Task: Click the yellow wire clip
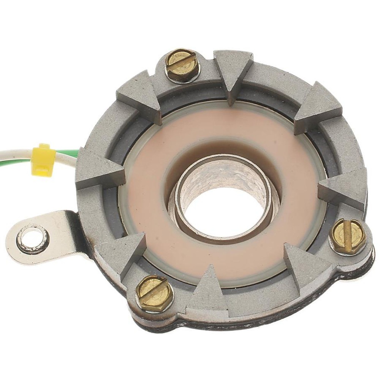click(43, 160)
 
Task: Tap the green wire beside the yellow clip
click(68, 154)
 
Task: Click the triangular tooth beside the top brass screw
click(233, 72)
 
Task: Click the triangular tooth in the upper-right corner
click(319, 106)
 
